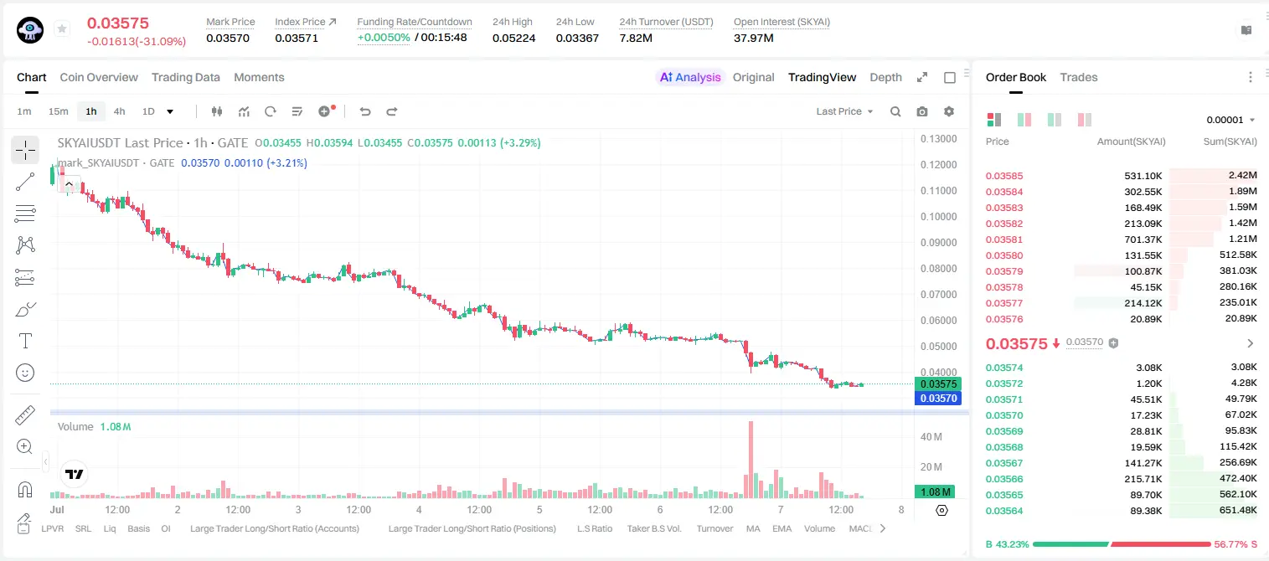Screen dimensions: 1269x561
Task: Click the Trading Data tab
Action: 185,77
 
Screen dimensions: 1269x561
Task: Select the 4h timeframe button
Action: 119,111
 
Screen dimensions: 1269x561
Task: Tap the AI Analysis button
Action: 690,77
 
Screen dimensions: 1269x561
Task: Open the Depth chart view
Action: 885,77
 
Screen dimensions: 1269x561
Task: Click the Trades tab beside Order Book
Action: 1078,77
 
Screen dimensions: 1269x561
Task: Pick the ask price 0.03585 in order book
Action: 1003,176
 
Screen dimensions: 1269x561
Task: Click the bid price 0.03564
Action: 1003,511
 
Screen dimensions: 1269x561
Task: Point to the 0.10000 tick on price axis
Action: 939,217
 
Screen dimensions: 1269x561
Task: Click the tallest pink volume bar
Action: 751,460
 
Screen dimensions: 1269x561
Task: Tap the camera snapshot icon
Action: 921,111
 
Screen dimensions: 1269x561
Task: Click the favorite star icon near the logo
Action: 62,28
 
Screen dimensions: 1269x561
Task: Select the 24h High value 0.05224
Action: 513,38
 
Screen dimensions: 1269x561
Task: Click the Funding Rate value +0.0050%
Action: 384,38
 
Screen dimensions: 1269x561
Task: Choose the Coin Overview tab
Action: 99,77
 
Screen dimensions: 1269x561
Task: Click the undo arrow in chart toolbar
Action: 365,111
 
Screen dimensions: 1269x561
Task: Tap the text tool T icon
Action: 25,341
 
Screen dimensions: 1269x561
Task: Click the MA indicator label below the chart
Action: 753,528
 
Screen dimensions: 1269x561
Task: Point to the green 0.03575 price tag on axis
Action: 937,383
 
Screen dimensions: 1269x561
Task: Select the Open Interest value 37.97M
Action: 753,38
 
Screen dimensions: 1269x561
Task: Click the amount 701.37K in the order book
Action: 1143,239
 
